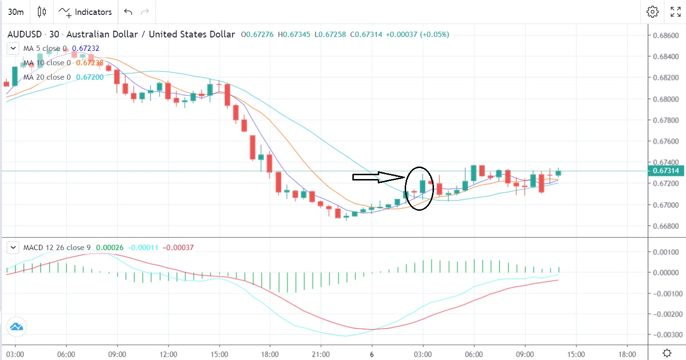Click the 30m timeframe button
[16, 12]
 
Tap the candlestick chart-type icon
[42, 12]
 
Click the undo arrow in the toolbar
[128, 12]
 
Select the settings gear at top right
[652, 12]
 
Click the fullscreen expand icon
[675, 12]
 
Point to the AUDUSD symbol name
[23, 35]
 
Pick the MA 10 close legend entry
[47, 63]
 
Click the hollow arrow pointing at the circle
[379, 177]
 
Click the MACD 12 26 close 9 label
[57, 248]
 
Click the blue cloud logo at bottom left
[16, 327]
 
